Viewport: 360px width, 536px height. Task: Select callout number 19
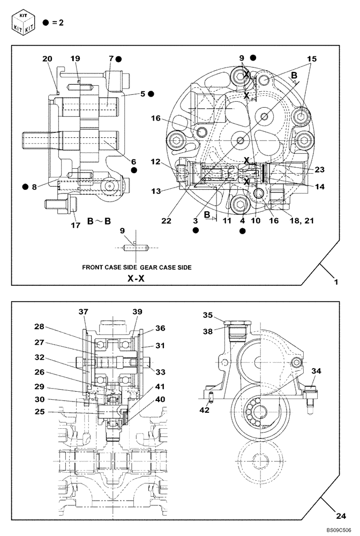75,59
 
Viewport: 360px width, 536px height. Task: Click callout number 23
319,170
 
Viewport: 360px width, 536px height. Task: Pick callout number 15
312,58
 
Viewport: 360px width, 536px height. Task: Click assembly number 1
336,281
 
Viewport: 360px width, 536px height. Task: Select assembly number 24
339,517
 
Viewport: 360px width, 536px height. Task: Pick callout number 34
317,370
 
